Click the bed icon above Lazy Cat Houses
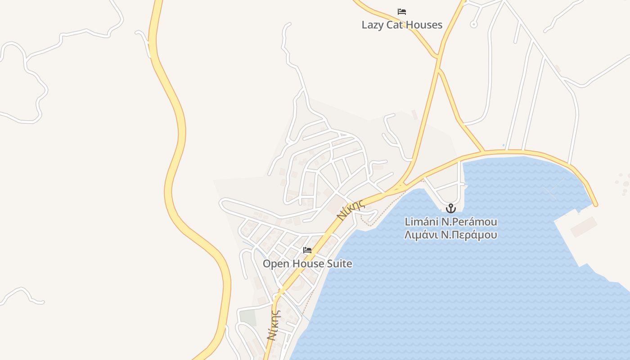click(x=402, y=12)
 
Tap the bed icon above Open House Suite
click(x=307, y=250)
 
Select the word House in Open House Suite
click(x=306, y=264)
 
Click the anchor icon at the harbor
click(x=450, y=208)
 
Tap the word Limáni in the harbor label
click(x=421, y=222)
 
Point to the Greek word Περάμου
click(x=476, y=235)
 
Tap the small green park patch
click(x=247, y=317)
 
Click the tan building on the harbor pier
click(x=584, y=227)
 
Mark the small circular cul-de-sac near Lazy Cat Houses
click(x=473, y=24)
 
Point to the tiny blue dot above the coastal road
click(x=503, y=145)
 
